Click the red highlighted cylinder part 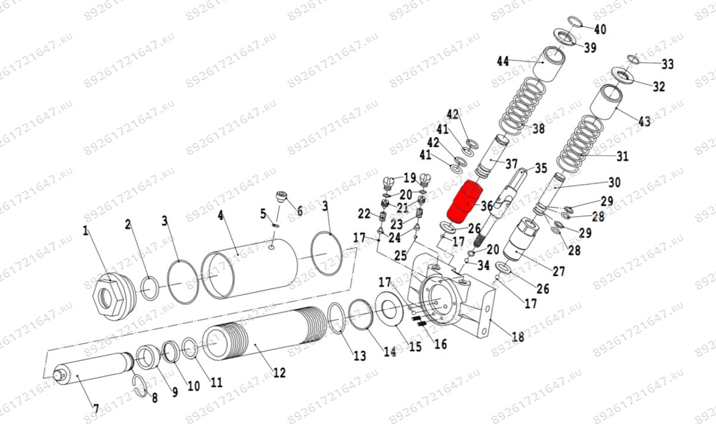pyautogui.click(x=466, y=201)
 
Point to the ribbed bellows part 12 pyautogui.click(x=263, y=337)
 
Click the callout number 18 pyautogui.click(x=517, y=337)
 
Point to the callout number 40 pyautogui.click(x=600, y=29)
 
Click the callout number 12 pyautogui.click(x=279, y=373)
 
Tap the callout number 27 pyautogui.click(x=558, y=271)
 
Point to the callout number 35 pyautogui.click(x=541, y=168)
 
